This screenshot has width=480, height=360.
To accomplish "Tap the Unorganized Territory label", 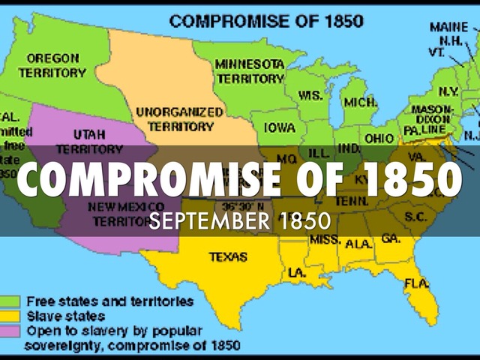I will (x=179, y=118).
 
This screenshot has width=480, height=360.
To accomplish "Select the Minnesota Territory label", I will (x=249, y=70).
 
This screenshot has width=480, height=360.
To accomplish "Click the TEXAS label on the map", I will (x=228, y=256).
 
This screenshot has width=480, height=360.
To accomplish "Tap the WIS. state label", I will (x=310, y=95).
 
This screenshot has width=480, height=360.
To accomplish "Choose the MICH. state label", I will (x=359, y=100).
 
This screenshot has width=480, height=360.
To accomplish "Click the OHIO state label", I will (x=379, y=138).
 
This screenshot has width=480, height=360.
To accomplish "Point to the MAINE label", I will (x=448, y=27).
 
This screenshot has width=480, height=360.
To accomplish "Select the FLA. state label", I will (x=416, y=283).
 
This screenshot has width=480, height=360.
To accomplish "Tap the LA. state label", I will (x=297, y=272).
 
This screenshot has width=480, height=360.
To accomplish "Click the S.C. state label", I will (x=415, y=216).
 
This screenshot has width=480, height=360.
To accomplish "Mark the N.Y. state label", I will (x=448, y=91).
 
